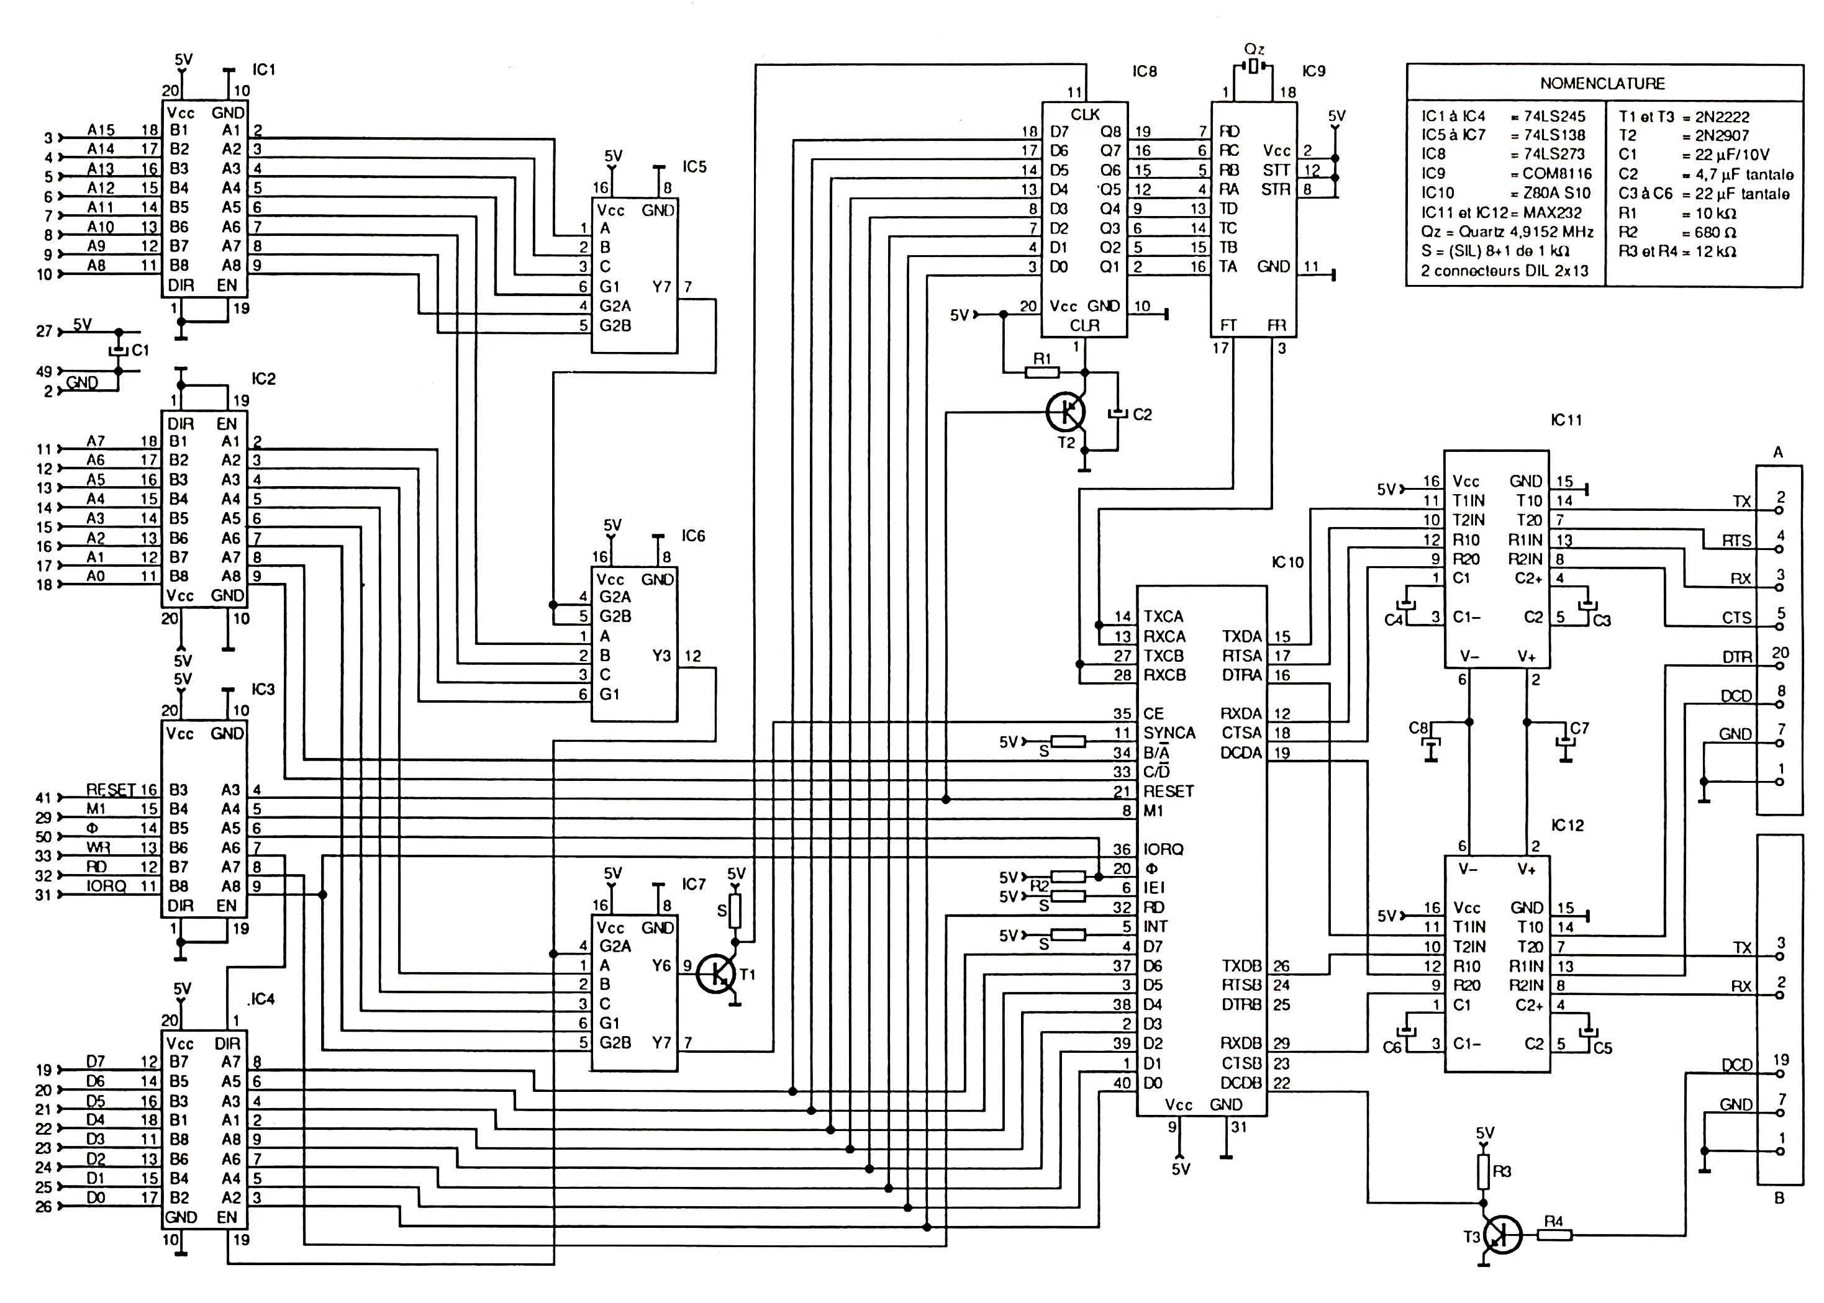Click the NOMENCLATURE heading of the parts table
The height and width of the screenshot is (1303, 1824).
[x=1602, y=83]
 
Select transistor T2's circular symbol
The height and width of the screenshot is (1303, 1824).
[x=1066, y=412]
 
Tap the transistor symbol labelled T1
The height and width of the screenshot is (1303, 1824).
[x=714, y=974]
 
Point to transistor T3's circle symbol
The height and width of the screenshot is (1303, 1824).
[x=1502, y=1235]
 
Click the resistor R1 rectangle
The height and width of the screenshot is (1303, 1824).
[x=1041, y=371]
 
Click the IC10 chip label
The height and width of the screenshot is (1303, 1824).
[x=1287, y=562]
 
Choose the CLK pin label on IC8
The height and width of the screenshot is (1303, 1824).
[x=1085, y=115]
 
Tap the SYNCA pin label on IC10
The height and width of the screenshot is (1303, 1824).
[x=1169, y=733]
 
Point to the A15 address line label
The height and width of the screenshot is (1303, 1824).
[x=101, y=129]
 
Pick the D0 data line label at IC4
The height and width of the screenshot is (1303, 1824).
[x=96, y=1197]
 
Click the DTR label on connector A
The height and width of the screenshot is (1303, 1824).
[x=1736, y=657]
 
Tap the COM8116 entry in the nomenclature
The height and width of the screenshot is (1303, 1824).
[x=1557, y=173]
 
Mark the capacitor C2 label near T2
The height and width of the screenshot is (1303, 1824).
[x=1142, y=414]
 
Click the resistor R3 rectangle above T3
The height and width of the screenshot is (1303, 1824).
[x=1484, y=1172]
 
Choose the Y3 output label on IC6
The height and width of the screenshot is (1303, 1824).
[x=661, y=656]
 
